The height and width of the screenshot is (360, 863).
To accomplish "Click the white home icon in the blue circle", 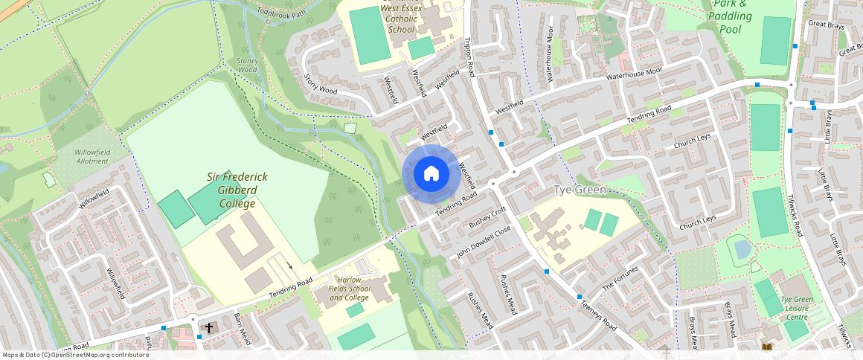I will point(431,174).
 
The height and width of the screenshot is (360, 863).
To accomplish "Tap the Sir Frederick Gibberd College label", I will point(237,190).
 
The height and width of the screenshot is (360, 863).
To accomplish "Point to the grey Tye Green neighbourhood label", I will point(581,190).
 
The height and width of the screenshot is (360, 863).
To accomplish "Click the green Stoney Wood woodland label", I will point(246,65).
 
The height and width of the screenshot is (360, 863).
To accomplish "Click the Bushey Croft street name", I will point(487,217).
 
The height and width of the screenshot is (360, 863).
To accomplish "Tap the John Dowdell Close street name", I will point(484,242).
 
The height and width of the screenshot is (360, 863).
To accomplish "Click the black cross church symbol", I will point(209,327).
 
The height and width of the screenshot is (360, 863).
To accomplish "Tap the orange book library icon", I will point(767,347).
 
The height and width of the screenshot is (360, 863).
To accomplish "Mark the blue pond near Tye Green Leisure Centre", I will point(742,248).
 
